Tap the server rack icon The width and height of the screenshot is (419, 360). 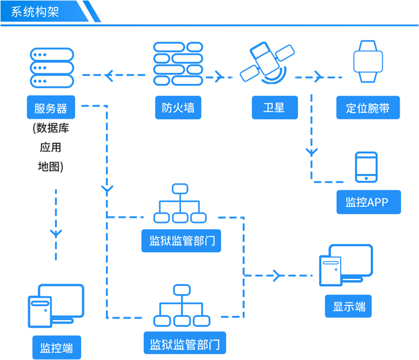[x=51, y=68]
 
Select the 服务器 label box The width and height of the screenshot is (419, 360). [x=51, y=107]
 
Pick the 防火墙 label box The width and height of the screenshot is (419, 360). [x=178, y=107]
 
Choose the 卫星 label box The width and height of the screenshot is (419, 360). [x=274, y=107]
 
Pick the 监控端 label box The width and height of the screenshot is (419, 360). [x=56, y=347]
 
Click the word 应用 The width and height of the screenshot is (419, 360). [x=51, y=148]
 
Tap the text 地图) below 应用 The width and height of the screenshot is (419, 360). [x=51, y=166]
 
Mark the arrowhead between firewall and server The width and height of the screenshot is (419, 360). [x=110, y=74]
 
